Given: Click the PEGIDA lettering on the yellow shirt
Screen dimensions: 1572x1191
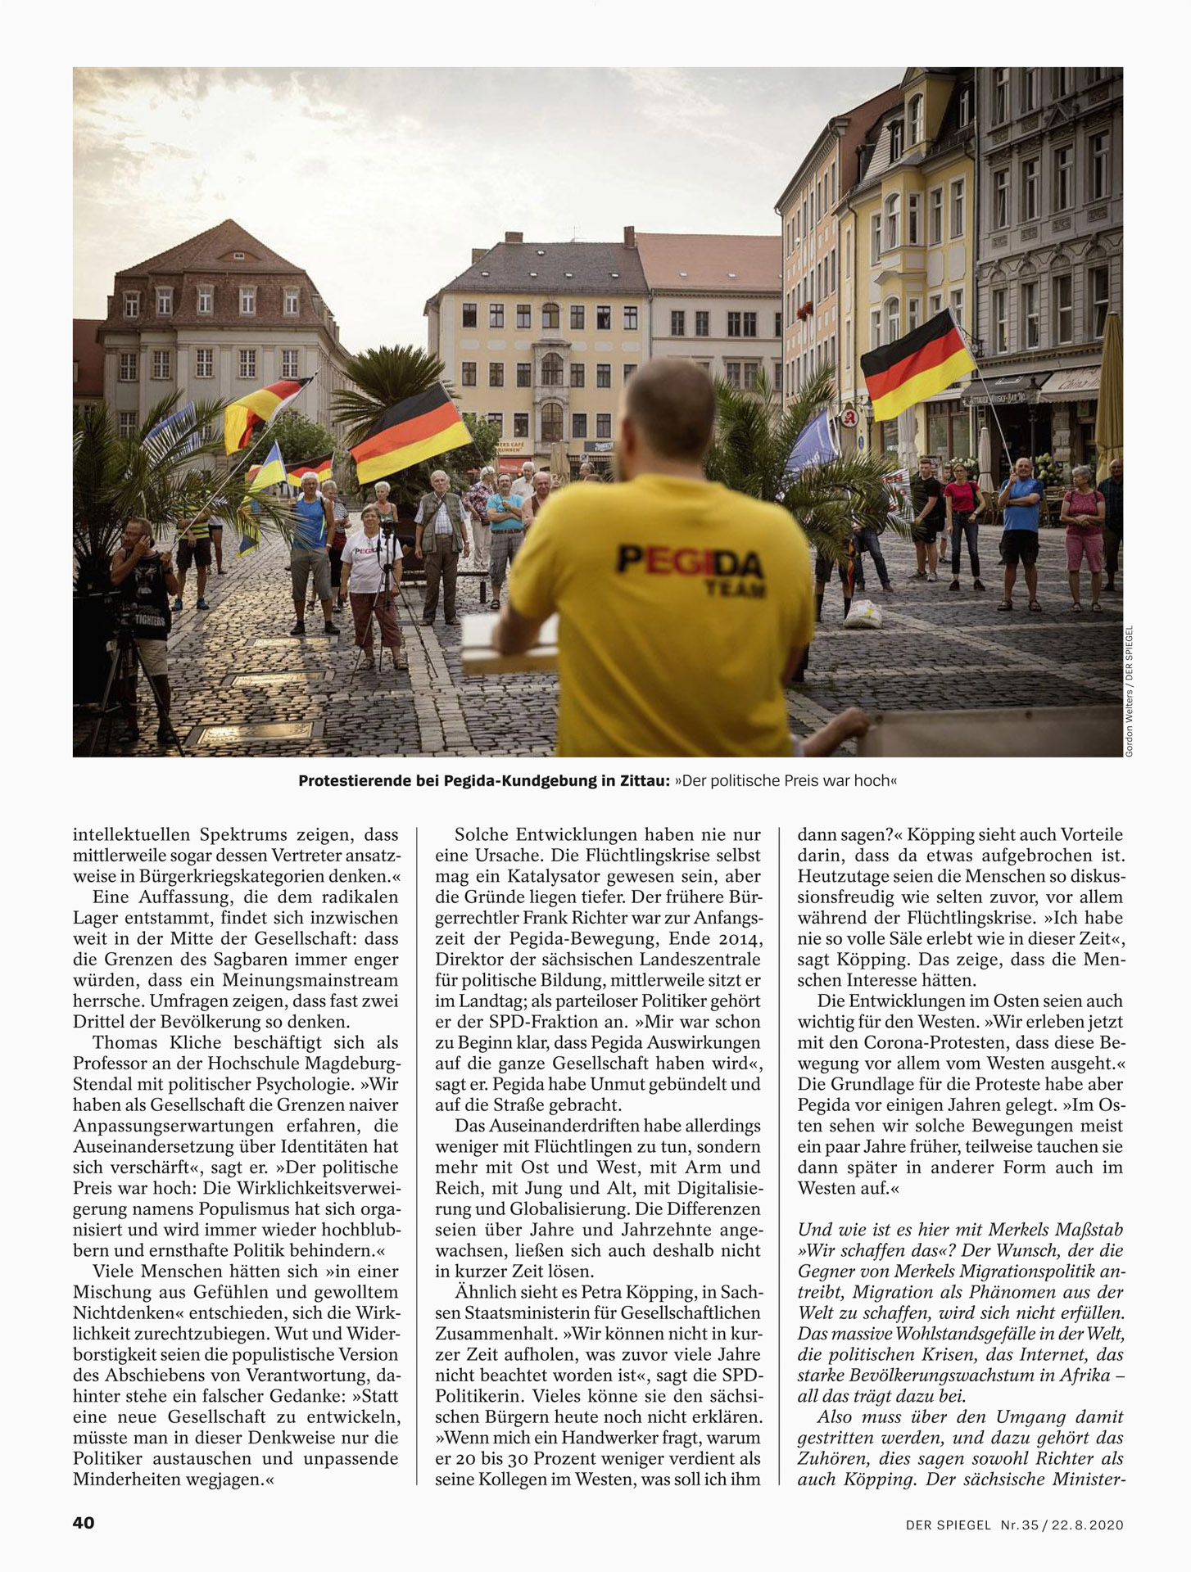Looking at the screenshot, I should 690,562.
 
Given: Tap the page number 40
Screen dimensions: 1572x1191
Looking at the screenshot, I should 84,1522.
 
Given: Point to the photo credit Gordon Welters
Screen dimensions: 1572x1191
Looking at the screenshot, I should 1129,724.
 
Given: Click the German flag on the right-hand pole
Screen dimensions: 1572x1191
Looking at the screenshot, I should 917,365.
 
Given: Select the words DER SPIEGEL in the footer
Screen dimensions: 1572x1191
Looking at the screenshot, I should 949,1525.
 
